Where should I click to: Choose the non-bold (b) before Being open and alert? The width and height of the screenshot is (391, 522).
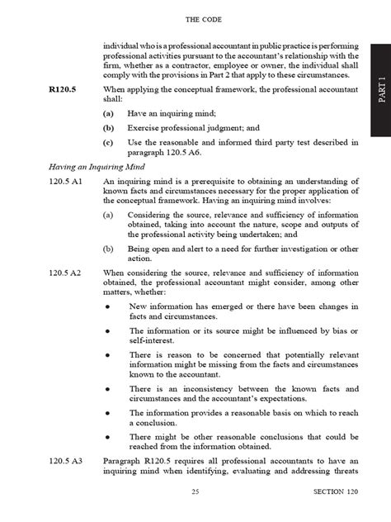[x=108, y=248]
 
